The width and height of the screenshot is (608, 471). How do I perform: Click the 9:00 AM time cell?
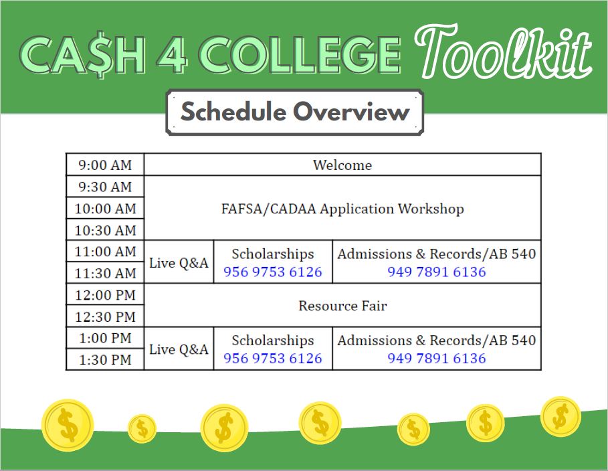click(105, 165)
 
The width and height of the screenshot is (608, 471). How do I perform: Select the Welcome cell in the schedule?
click(342, 165)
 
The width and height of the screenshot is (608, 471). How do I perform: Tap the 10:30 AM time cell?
click(105, 230)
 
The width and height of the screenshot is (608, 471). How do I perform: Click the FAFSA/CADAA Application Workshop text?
click(342, 209)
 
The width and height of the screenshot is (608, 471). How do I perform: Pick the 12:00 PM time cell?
click(105, 295)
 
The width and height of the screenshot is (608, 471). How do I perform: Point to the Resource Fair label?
click(342, 306)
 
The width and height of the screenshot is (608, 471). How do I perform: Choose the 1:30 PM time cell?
click(105, 360)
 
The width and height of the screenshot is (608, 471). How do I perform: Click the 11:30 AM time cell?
click(105, 273)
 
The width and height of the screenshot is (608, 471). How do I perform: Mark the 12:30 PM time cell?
click(105, 316)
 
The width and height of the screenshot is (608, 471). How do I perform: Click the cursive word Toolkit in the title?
click(503, 51)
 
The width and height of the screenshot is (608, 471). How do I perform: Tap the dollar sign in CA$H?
click(101, 54)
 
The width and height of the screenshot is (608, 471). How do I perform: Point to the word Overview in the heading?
click(351, 112)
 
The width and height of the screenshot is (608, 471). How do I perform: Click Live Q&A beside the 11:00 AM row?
click(179, 263)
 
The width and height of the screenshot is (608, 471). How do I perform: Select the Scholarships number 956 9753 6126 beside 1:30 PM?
click(273, 358)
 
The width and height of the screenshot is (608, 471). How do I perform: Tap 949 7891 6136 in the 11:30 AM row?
click(437, 272)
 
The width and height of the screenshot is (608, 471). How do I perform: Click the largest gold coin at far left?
click(68, 426)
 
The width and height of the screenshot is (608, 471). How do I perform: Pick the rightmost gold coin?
click(561, 416)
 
